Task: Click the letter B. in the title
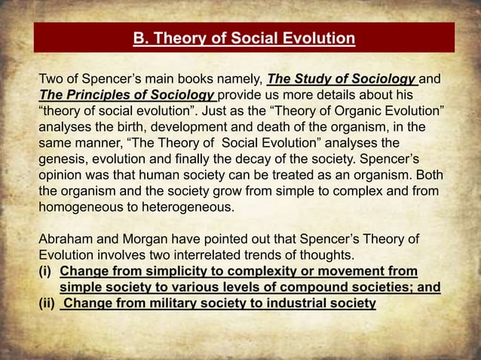click(x=139, y=38)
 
